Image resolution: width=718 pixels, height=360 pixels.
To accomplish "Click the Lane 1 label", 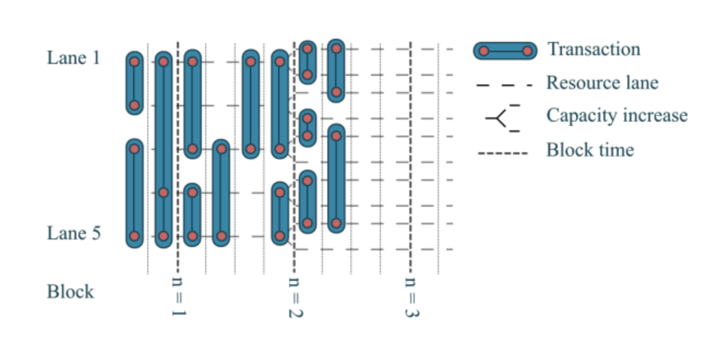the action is coord(74,58).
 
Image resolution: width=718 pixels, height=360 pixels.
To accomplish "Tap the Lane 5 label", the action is coord(74,233).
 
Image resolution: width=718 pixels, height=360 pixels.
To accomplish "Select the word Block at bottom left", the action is coord(70,291).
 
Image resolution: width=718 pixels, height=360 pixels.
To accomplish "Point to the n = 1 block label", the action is coord(179,297).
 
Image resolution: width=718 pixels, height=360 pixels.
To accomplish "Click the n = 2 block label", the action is coord(295,297).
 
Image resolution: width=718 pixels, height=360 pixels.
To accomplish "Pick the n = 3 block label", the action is coord(411,297).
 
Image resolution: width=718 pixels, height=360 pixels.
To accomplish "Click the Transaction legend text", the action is coord(594,49).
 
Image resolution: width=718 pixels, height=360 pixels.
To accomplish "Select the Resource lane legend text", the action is coord(602,83).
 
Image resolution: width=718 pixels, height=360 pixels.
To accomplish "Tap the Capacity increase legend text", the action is coord(617,115).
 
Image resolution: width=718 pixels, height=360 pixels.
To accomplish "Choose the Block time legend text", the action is coord(590,149).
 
